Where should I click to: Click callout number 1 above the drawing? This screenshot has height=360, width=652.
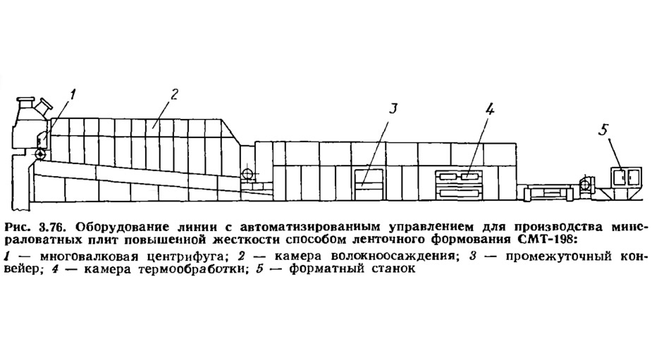73,95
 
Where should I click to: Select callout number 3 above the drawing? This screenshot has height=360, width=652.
393,108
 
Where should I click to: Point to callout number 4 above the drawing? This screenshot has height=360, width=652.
489,109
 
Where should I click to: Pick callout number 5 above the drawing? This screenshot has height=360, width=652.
603,130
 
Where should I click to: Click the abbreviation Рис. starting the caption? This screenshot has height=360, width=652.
18,228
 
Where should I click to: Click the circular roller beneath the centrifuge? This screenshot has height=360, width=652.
40,154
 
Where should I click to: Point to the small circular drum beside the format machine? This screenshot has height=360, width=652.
586,183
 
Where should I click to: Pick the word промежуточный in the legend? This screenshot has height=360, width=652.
558,256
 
